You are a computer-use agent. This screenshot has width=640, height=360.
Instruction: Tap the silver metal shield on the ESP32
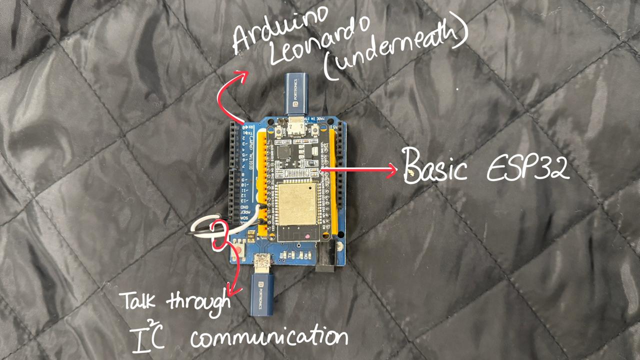pyautogui.click(x=298, y=205)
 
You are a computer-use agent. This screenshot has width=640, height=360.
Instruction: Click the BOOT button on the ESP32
pyautogui.click(x=276, y=132)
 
